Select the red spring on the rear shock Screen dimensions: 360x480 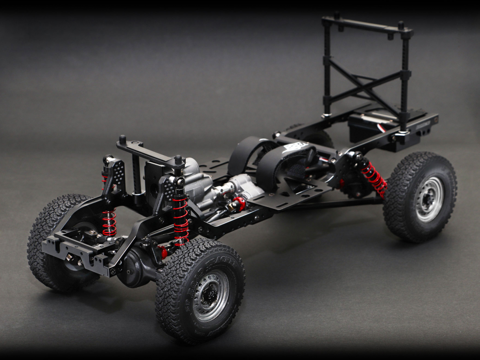click(x=374, y=179)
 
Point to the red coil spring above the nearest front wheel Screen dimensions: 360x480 click(x=180, y=221)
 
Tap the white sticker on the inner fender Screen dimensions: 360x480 click(x=296, y=147)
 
